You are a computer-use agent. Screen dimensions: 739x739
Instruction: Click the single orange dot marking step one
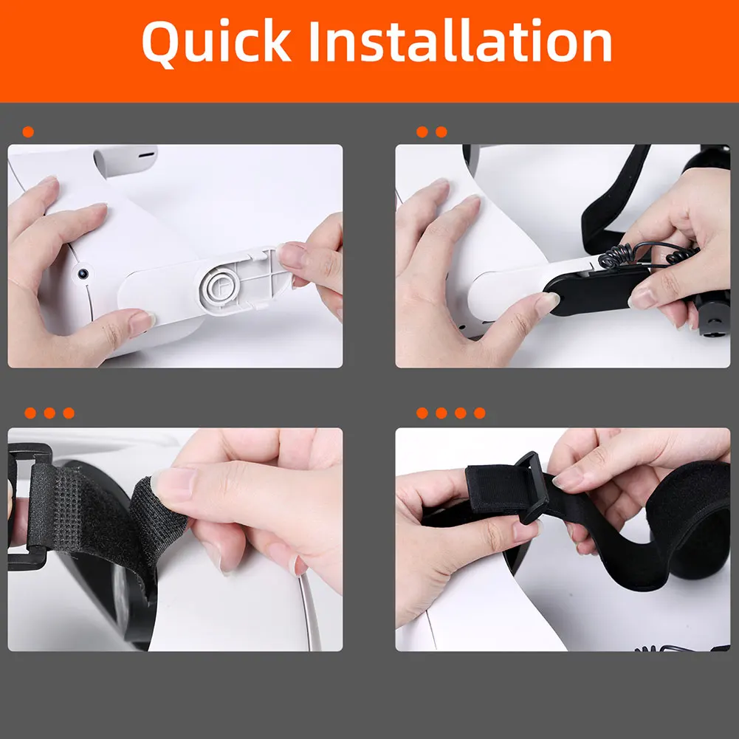pos(28,132)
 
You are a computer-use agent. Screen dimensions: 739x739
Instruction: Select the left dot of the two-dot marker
pos(422,132)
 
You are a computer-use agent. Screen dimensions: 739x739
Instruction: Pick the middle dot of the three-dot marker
pos(49,413)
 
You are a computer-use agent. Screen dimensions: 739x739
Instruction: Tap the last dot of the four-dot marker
pos(480,413)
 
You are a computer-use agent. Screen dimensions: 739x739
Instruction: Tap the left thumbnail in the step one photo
pos(142,322)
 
